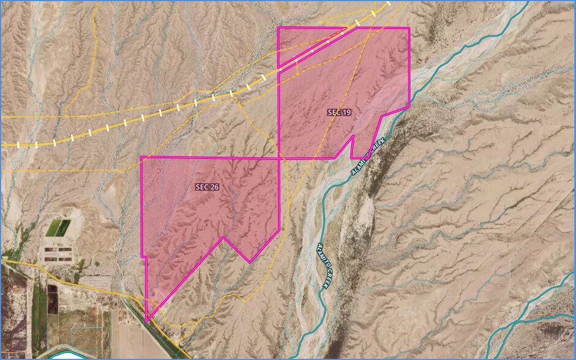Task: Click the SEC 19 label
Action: tap(339, 113)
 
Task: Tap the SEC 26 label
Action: tap(208, 187)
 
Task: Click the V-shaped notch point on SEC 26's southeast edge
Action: tap(223, 237)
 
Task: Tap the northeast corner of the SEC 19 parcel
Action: tap(409, 28)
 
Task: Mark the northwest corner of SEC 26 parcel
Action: tap(141, 157)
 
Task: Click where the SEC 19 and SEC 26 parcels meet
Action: tap(279, 158)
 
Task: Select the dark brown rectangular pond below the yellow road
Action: tap(52, 294)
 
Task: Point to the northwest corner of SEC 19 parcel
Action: tap(279, 28)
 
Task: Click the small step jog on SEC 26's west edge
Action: tap(146, 257)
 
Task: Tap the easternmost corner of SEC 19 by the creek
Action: tap(409, 107)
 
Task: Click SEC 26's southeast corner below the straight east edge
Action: tap(279, 231)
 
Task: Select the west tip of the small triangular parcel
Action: tap(279, 67)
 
